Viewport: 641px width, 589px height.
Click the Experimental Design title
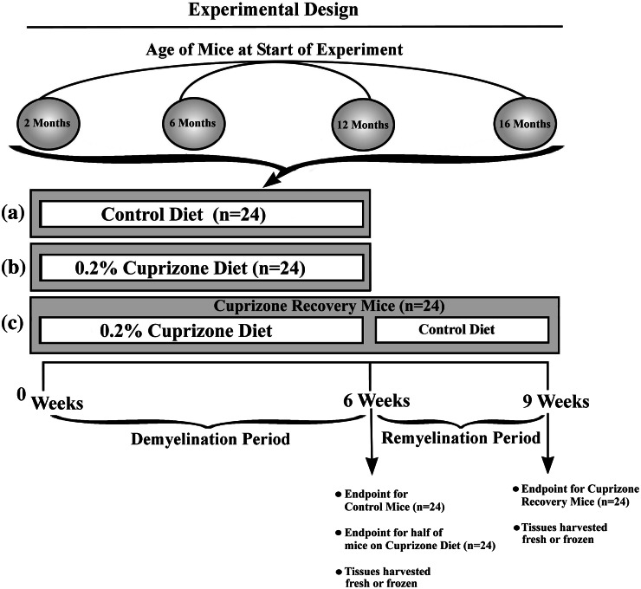tap(295, 11)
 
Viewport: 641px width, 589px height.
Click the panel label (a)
tap(12, 210)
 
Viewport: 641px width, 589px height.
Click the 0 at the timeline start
tap(22, 395)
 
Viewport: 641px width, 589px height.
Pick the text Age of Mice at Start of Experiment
tap(295, 49)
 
